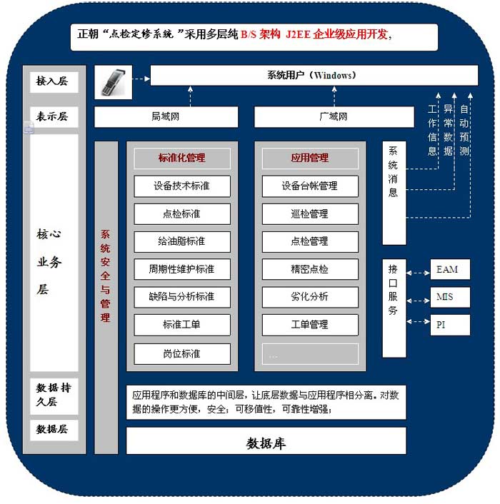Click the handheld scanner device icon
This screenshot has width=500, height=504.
pyautogui.click(x=114, y=83)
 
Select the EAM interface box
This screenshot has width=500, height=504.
pyautogui.click(x=450, y=270)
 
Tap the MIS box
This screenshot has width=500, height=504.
pyautogui.click(x=450, y=297)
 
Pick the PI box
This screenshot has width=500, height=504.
pyautogui.click(x=450, y=324)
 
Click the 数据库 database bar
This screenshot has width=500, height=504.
pyautogui.click(x=266, y=442)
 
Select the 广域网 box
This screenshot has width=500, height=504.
pyautogui.click(x=334, y=116)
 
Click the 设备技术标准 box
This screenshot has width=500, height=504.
pyautogui.click(x=181, y=186)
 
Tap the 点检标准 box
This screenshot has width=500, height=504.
pyautogui.click(x=181, y=213)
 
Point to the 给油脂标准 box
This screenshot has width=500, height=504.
pyautogui.click(x=181, y=241)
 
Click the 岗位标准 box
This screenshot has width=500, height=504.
pyautogui.click(x=181, y=353)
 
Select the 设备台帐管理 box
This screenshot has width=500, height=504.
pyautogui.click(x=309, y=186)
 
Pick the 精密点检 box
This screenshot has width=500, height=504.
pyautogui.click(x=309, y=269)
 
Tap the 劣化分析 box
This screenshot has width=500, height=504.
pyautogui.click(x=309, y=297)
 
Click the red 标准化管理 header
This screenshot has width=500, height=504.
pyautogui.click(x=181, y=158)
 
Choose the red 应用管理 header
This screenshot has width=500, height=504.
pyautogui.click(x=309, y=158)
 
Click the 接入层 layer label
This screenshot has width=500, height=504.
pyautogui.click(x=53, y=82)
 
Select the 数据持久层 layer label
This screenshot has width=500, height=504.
pyautogui.click(x=53, y=395)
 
